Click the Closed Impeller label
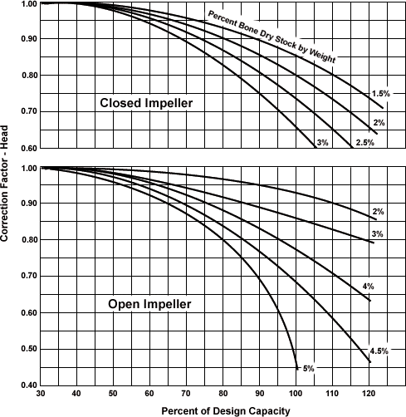146,103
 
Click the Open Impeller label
149,304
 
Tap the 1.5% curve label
380,94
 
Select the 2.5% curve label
365,143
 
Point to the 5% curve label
309,369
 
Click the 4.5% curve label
379,351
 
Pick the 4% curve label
369,287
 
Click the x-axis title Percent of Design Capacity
226,411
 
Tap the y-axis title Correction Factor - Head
4,184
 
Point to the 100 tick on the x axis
296,394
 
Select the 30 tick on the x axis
41,394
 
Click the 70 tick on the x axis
186,394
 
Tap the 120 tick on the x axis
369,394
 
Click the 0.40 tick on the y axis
29,385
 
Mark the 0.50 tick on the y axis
29,349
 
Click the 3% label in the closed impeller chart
322,143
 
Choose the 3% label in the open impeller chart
377,234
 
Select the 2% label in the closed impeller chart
379,122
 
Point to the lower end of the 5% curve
297,369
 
